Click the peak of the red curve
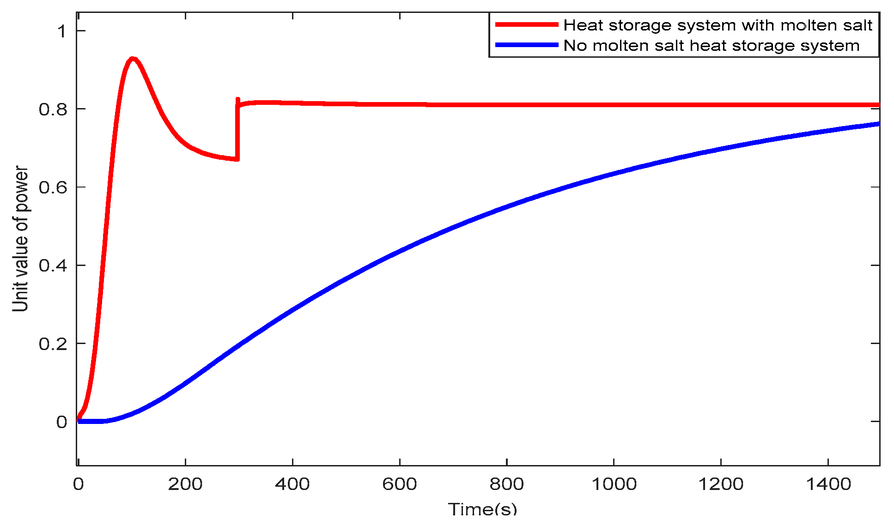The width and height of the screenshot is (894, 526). point(133,59)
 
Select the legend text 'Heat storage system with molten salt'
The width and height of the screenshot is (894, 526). point(718,25)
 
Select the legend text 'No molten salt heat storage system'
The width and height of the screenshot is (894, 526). point(712,46)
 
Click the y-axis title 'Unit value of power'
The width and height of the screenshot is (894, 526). point(21,239)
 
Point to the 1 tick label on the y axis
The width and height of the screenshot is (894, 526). point(61,31)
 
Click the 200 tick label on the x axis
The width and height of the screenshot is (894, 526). point(185,484)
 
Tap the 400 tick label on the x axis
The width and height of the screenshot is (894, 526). point(292,484)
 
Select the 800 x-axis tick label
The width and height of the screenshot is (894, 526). point(507,484)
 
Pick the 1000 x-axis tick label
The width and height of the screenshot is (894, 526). point(614,484)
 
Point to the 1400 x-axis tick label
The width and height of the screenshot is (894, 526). point(828,484)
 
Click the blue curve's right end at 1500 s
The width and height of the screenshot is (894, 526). point(877,124)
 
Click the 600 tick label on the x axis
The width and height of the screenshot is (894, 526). point(400,484)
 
